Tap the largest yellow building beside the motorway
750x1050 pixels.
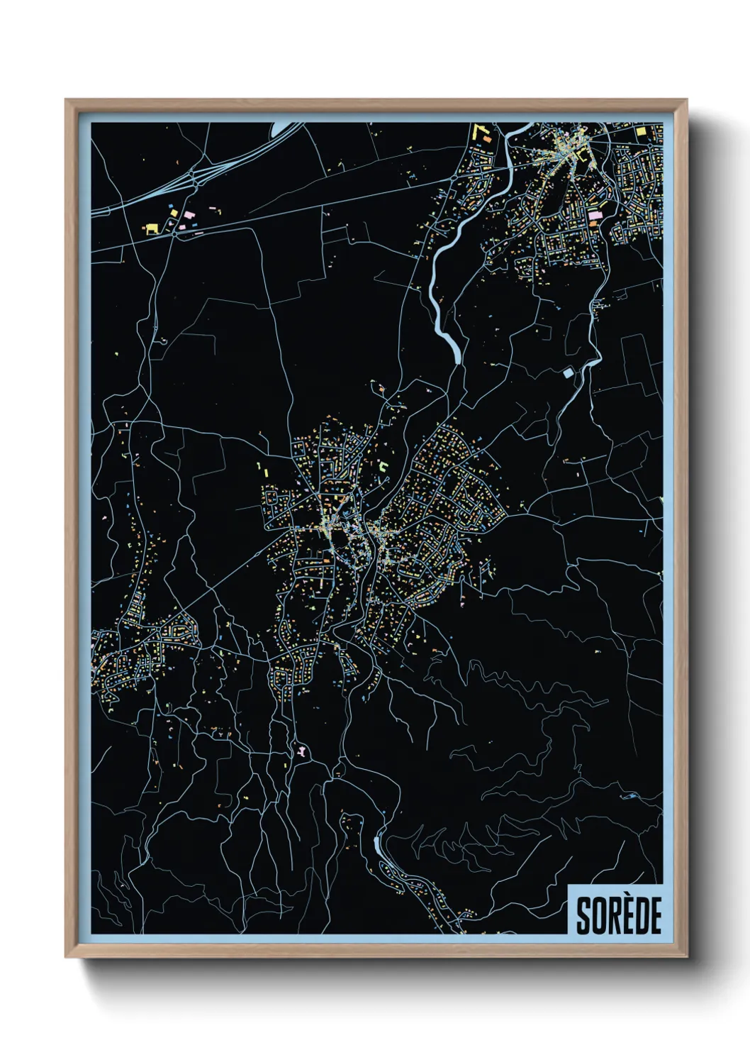[151, 228]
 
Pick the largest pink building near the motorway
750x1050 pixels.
[189, 214]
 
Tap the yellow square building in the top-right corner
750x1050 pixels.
[641, 132]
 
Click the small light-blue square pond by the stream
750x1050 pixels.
[568, 371]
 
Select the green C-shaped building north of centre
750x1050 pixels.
[384, 466]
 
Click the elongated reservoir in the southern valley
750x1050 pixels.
[377, 845]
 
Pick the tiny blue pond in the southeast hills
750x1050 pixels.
[629, 797]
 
